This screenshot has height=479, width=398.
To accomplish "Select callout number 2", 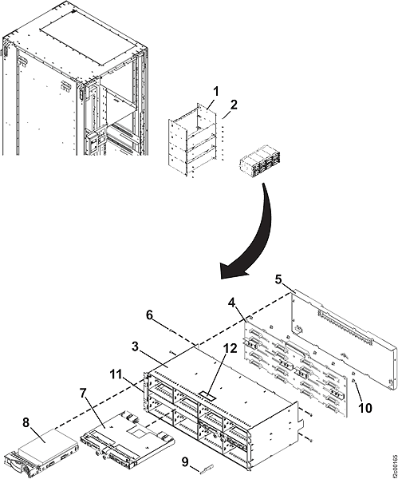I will point(234,105).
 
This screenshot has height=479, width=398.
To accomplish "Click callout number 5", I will point(278,280).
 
